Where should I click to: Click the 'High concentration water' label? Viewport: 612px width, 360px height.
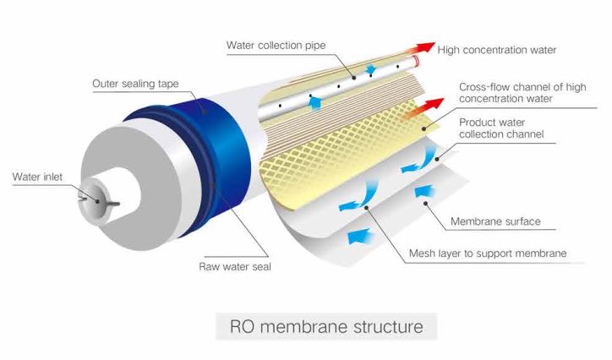click(497, 50)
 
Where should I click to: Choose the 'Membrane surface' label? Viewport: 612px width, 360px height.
click(495, 222)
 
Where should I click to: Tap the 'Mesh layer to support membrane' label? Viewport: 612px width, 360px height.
click(488, 253)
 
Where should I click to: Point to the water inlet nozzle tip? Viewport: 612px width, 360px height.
click(88, 197)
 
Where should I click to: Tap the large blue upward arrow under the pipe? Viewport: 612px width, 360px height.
click(314, 102)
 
